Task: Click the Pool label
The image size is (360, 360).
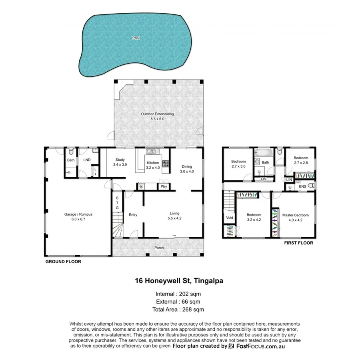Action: pos(136,38)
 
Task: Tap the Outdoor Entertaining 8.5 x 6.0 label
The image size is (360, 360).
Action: pos(157,116)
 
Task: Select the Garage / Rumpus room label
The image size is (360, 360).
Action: pos(78,217)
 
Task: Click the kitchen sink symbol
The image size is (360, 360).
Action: pos(152,152)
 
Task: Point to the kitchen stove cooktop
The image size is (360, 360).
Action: pos(166,163)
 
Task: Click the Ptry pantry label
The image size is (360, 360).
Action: pos(164,186)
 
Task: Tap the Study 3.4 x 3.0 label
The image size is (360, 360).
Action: pos(120,162)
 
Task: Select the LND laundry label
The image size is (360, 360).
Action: pos(87,160)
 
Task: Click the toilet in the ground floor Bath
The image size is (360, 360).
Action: pos(71,152)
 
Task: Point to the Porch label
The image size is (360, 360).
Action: pos(159,248)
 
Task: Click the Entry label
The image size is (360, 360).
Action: pos(133,215)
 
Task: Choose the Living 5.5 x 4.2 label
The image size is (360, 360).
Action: pos(174,216)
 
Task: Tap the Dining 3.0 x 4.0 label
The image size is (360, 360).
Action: pos(187,169)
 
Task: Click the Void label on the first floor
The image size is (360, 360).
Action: pos(229,218)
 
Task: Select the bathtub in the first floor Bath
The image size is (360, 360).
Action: pos(264,152)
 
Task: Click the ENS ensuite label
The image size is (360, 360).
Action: pos(302,186)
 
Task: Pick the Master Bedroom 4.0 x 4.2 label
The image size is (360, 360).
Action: pos(295,217)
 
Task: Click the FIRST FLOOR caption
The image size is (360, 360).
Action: pos(298,243)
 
